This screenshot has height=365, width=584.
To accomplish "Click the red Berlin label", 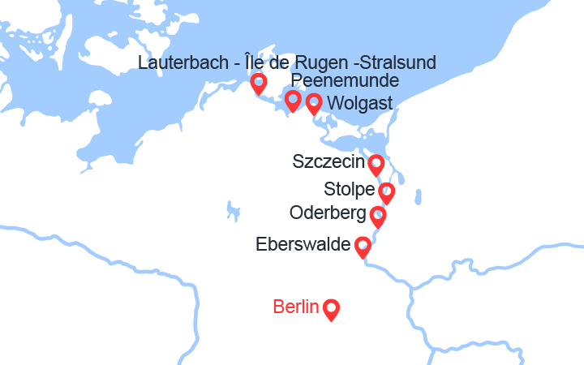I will coord(296,307).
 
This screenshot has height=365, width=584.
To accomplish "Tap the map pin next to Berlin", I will coord(331,309).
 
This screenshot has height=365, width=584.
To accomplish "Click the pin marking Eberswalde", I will coord(363,246).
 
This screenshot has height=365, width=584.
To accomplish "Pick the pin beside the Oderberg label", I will coord(377,216).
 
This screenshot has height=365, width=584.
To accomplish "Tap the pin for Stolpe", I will coord(387,192).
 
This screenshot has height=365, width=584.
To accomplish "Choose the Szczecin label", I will coord(328,162).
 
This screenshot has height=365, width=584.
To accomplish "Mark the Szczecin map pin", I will coord(376,165).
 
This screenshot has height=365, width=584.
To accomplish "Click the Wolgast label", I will coord(359,103).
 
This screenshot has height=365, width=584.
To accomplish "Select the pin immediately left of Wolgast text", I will coord(314,103).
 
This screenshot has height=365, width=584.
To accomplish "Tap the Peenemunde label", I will coord(345,81).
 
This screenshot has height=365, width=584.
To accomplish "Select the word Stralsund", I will coord(398,62).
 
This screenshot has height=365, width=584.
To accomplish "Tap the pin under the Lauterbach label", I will coord(259,83).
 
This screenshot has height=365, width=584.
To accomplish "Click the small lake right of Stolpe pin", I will coord(419,197).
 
